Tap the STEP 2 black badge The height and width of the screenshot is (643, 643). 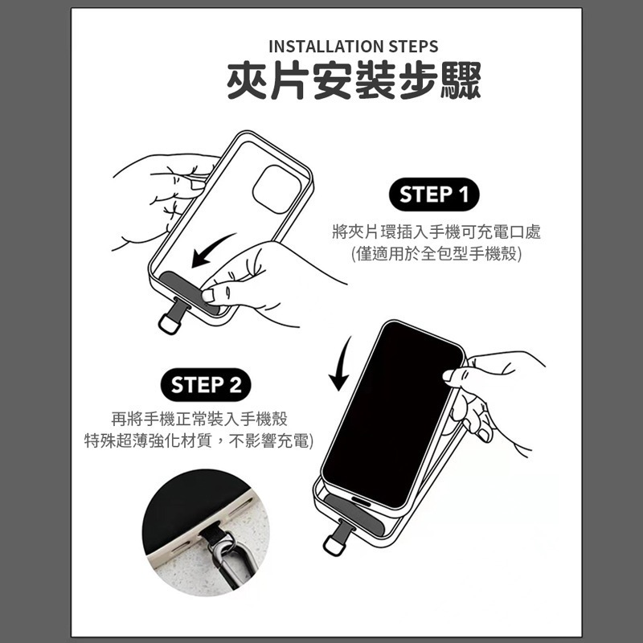(x=207, y=384)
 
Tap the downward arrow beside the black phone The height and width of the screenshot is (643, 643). (x=342, y=363)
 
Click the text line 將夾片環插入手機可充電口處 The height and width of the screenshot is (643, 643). (x=436, y=232)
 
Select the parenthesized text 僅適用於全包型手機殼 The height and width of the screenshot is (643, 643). (x=436, y=255)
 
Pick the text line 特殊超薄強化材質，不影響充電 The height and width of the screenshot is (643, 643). (x=199, y=440)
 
